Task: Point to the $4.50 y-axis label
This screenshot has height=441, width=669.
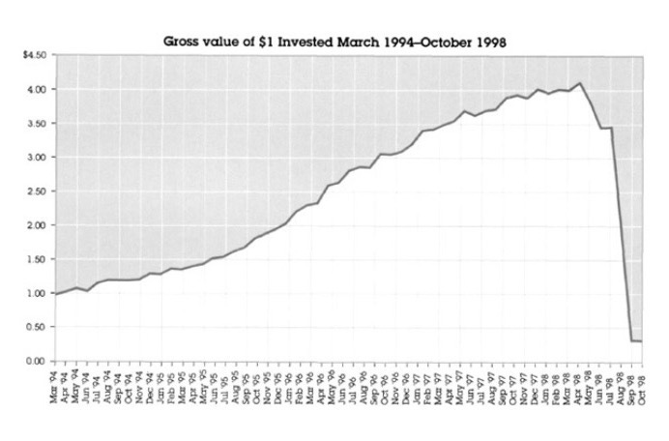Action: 35,55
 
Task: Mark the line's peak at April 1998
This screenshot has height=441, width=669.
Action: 578,83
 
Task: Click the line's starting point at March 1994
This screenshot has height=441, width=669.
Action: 56,293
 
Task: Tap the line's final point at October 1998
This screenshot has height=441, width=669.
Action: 641,340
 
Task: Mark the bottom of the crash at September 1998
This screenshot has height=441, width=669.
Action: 630,340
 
